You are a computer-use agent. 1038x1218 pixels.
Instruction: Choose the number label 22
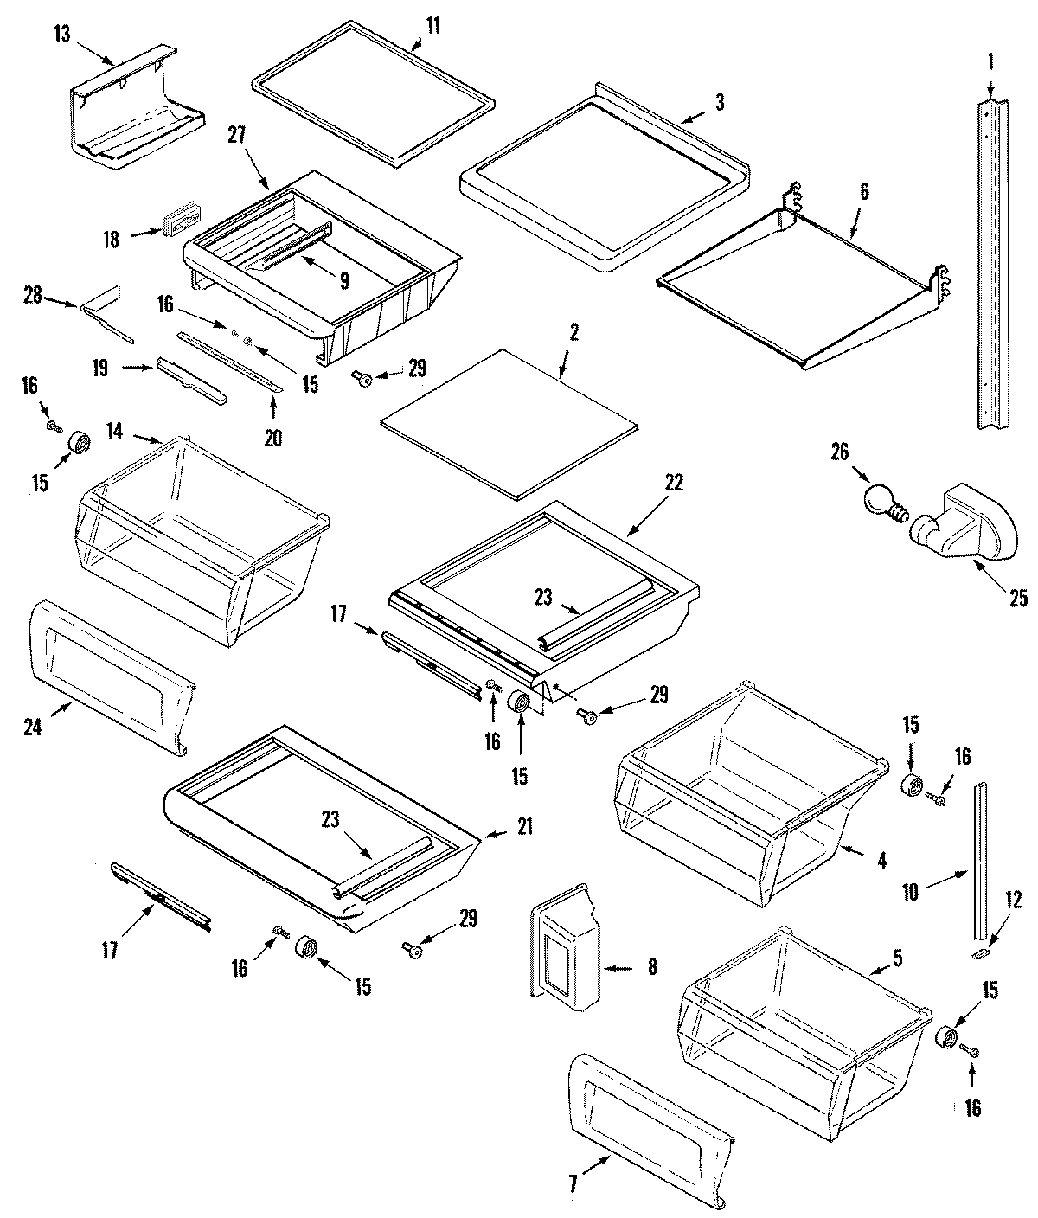pos(673,484)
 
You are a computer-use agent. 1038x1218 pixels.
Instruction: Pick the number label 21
pos(524,827)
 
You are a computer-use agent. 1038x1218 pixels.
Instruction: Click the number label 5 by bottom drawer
pos(897,958)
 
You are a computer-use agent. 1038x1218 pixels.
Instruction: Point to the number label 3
pos(720,103)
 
